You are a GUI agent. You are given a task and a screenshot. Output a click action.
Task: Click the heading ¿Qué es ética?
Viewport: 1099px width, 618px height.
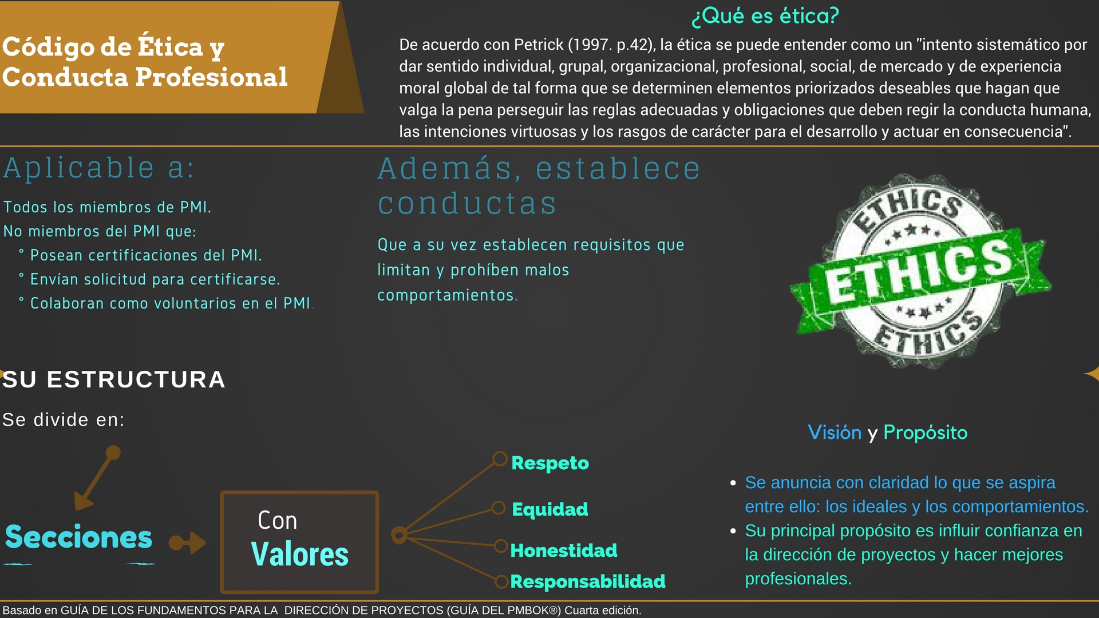tap(765, 16)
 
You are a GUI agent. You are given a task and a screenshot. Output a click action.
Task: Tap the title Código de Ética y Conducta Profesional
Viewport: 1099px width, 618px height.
tap(145, 62)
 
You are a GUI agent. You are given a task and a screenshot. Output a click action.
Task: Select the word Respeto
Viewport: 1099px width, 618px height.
tap(550, 463)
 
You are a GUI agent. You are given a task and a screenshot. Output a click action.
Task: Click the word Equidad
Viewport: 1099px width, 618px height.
tap(550, 509)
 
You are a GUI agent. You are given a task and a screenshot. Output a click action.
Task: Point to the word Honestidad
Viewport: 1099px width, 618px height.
tap(564, 550)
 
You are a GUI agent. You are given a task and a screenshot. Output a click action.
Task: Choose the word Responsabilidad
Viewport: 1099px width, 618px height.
tap(588, 581)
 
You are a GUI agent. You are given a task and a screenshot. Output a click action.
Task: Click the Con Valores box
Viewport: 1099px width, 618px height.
tap(299, 542)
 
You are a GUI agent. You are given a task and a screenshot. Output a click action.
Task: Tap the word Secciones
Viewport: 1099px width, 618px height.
tap(79, 537)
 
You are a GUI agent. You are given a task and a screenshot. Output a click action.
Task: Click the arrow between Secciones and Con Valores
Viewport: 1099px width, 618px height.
tap(188, 542)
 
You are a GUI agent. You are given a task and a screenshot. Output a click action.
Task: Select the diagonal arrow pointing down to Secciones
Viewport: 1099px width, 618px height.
tap(97, 478)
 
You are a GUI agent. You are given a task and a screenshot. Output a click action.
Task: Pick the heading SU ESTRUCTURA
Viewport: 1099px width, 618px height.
tap(114, 380)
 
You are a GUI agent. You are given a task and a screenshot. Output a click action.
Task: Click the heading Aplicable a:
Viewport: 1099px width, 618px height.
tap(99, 168)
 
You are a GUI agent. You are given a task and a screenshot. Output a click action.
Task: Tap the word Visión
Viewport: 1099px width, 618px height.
tap(835, 433)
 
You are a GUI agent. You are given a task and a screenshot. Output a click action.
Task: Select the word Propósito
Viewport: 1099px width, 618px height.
tap(926, 433)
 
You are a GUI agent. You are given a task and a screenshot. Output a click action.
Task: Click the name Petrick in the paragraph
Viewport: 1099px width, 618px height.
tap(539, 45)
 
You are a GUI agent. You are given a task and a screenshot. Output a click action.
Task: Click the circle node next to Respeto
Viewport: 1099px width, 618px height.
tap(500, 459)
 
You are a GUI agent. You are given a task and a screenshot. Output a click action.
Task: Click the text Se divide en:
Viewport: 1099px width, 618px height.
tap(64, 420)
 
